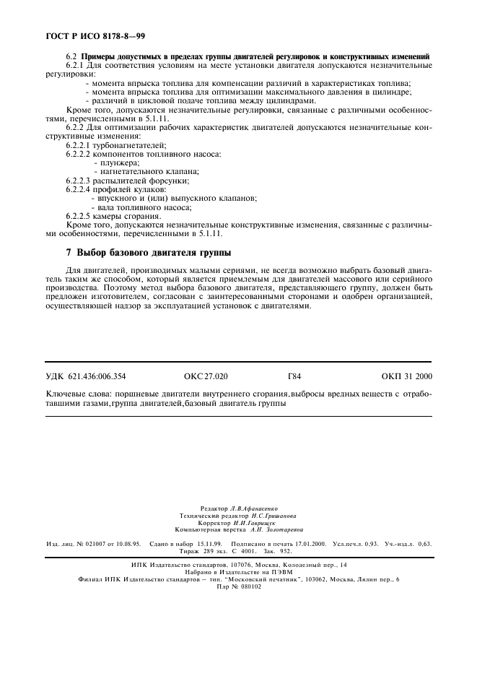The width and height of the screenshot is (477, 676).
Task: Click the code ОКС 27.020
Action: point(206,376)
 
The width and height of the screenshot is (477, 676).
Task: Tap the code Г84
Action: point(294,376)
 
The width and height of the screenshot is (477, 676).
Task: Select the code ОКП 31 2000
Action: point(407,376)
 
